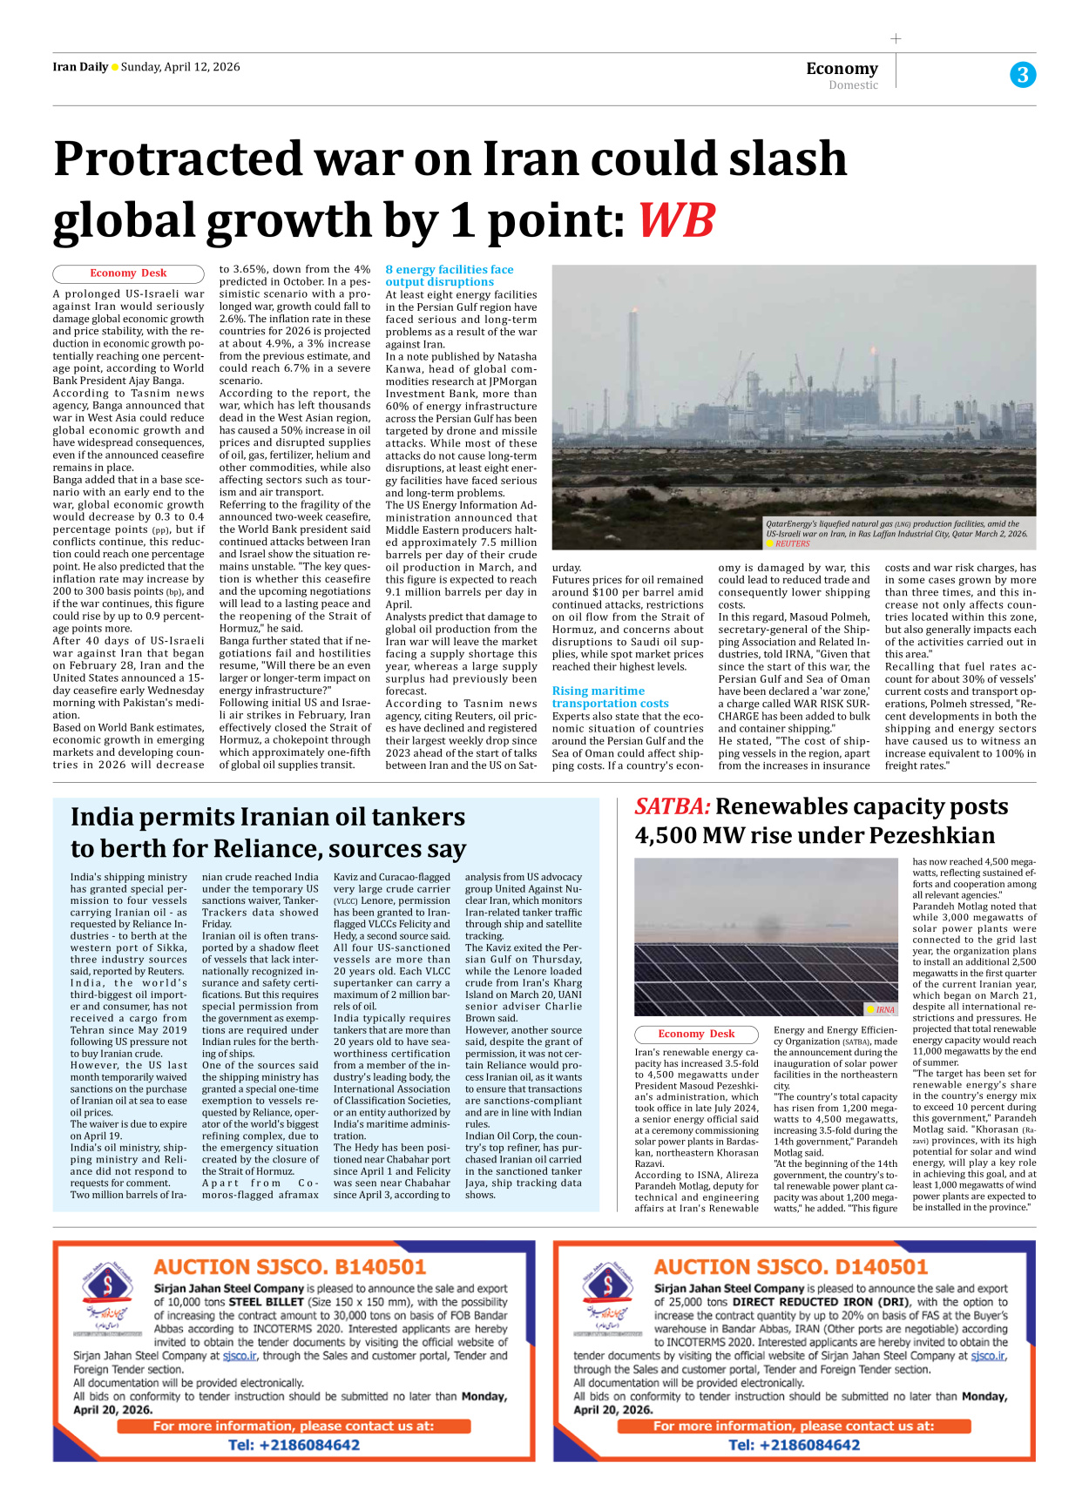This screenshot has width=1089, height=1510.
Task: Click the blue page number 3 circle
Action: tap(1023, 75)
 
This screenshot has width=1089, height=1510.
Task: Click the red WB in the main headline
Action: tap(676, 220)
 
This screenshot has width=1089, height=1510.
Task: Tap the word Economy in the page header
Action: tap(842, 68)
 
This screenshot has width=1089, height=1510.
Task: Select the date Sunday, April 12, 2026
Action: tap(180, 67)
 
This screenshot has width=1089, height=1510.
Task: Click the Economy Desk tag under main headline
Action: tap(128, 273)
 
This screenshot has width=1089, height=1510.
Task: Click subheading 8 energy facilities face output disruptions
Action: tap(449, 275)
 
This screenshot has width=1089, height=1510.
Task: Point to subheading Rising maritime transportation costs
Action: tap(610, 697)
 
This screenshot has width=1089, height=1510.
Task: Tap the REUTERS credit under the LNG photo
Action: tap(792, 543)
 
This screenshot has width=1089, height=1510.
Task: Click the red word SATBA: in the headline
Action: tap(672, 806)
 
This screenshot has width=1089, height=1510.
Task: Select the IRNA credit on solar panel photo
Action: tap(885, 1009)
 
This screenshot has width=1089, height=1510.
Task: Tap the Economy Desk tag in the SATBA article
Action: tap(696, 1034)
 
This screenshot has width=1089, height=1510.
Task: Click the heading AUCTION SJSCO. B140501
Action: tap(290, 1266)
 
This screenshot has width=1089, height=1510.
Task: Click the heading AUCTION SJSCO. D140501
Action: tap(791, 1266)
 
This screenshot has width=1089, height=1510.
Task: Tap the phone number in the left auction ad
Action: tap(294, 1445)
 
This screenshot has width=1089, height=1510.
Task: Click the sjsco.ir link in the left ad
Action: tap(240, 1356)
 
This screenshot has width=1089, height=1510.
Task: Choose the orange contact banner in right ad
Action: tap(794, 1426)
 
